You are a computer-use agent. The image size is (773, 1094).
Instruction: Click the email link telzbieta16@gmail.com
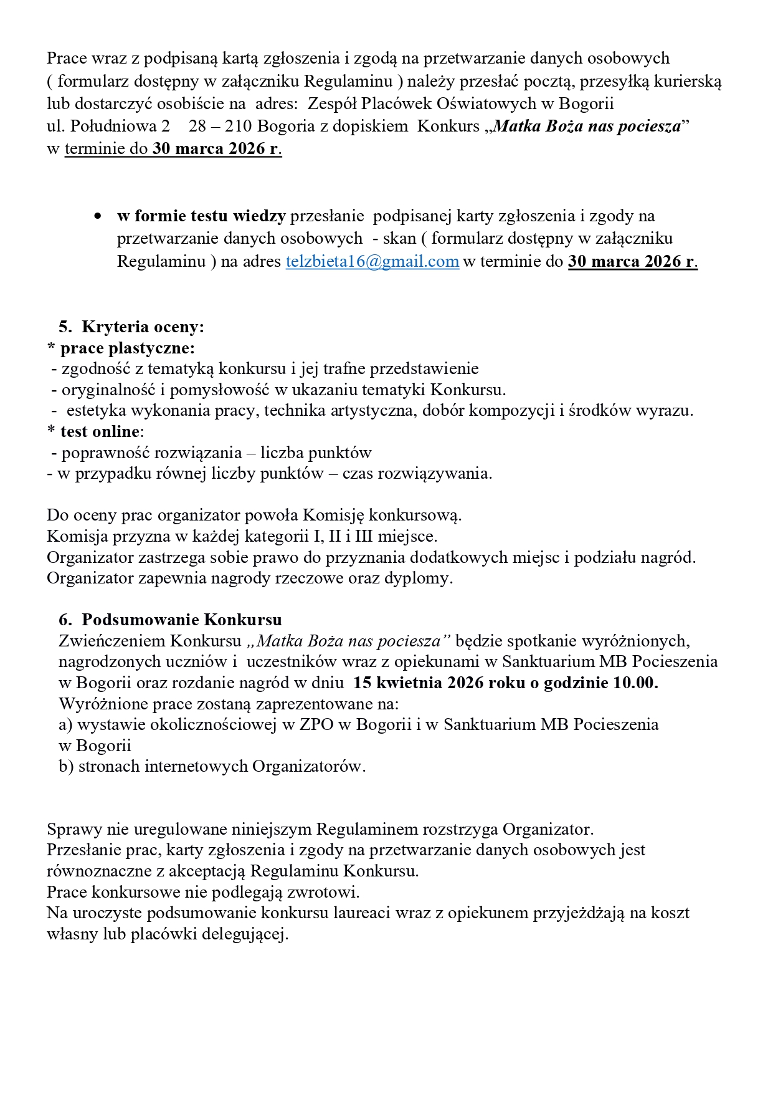(372, 262)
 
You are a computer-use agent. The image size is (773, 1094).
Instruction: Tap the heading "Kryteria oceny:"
(143, 327)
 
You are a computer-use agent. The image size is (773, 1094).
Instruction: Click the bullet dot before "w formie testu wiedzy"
(97, 216)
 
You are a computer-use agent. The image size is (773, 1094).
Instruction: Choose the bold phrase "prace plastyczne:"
(127, 348)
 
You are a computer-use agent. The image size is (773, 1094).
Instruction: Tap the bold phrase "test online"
(100, 431)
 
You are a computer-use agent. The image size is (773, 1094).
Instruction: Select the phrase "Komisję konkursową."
(382, 516)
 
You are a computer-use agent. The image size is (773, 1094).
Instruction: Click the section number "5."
(65, 327)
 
